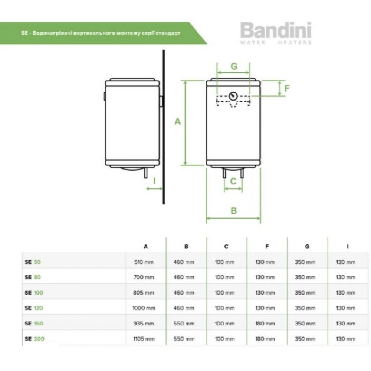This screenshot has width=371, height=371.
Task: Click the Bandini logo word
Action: tap(276, 32)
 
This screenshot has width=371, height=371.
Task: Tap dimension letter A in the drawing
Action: tap(178, 121)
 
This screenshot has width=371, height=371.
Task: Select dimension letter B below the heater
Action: tap(234, 210)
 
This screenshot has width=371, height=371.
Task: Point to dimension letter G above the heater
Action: tap(234, 66)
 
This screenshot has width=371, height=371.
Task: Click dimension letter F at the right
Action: tap(286, 88)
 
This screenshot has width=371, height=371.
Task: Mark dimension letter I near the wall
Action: tap(154, 181)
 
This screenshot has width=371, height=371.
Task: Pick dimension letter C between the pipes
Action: tap(233, 181)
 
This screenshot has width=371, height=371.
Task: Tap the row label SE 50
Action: tap(33, 262)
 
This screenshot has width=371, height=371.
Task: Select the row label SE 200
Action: tap(34, 339)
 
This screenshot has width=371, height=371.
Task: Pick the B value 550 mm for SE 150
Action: tap(184, 324)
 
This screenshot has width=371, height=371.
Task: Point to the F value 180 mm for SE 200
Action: tap(265, 339)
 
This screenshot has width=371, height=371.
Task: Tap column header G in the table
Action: tap(306, 247)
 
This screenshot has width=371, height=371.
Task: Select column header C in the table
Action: tap(226, 247)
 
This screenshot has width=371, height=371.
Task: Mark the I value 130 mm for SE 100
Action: tap(345, 293)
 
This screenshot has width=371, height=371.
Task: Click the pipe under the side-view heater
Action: tap(146, 173)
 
